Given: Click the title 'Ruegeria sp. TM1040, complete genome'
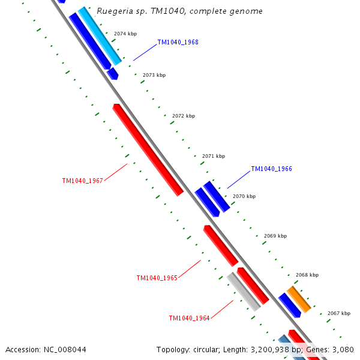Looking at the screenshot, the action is point(179,11).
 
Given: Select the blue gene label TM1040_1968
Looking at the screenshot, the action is point(178,43).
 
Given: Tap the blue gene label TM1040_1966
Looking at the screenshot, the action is point(271,169).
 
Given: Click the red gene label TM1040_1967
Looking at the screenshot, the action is point(83,181).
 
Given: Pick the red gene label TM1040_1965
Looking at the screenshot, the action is point(157,278).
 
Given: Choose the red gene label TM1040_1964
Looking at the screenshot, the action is point(189,319).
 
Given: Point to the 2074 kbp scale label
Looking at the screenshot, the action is point(125,34).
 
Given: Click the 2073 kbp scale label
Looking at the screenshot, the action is point(154,75).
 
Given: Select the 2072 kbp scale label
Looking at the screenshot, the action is point(184,116).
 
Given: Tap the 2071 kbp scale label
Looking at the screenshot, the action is point(214,156).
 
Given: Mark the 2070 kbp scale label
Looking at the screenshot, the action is point(244,196).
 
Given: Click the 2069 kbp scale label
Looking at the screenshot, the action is point(275,236).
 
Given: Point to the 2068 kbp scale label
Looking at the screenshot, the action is point(307,275).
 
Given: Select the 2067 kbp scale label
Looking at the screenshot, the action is point(339,313).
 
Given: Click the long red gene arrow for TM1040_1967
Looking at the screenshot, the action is point(148,150).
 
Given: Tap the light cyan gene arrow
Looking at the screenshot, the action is point(100,35).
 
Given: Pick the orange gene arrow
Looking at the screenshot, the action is point(299,299).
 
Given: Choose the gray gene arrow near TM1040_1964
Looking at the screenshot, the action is point(244,292).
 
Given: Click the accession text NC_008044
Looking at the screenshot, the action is point(46,349).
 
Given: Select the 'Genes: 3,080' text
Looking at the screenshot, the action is point(331,349).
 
